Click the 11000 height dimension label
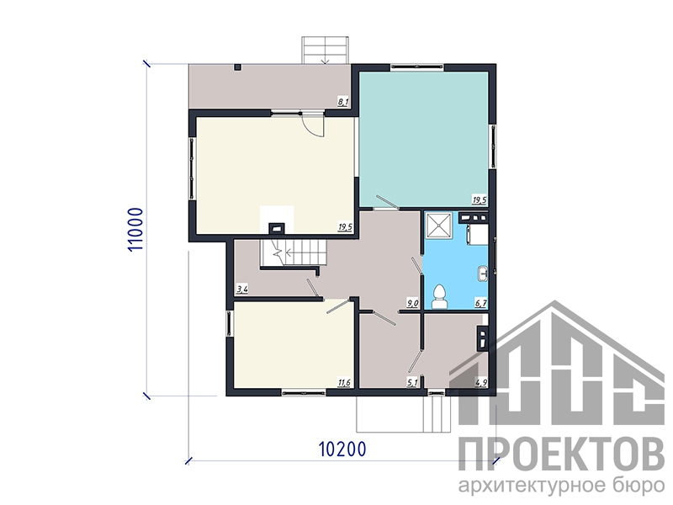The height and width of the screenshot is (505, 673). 135,230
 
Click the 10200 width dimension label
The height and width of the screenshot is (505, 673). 342,449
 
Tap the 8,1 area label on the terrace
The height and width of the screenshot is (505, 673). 343,102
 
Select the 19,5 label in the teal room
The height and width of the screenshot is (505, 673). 479,199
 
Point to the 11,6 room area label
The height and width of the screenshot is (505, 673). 344,383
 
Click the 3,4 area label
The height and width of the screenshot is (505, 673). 242,289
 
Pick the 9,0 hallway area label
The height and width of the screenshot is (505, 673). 412,304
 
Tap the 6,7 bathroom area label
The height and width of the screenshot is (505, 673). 480,304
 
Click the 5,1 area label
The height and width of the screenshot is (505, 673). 412,383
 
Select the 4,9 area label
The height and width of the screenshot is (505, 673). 481,383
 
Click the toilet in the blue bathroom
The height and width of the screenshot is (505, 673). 439,297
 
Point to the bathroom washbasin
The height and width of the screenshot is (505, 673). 483,274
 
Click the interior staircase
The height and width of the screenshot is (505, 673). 293,253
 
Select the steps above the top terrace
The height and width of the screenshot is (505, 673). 326,50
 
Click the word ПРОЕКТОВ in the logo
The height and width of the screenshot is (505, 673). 561,454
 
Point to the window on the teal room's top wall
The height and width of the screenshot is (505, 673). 416,66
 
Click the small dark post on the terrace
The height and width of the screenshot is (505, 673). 238,67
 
